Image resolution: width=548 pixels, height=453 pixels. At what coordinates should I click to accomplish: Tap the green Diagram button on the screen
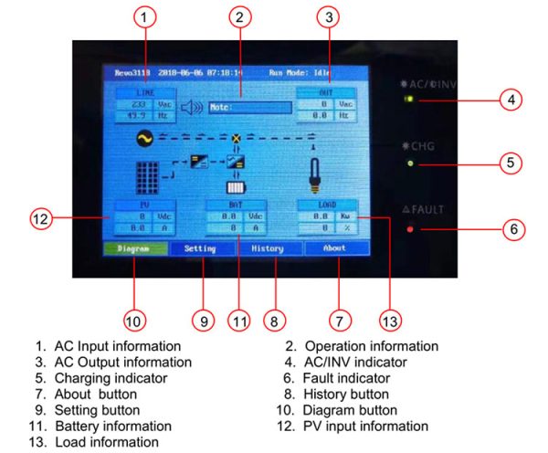(133, 248)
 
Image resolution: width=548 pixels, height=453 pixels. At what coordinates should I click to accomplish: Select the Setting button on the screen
(200, 248)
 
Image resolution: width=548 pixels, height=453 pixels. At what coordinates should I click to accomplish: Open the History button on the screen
(268, 248)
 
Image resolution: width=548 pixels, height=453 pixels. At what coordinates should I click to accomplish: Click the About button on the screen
(336, 248)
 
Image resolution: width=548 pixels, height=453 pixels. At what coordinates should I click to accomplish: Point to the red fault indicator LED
(410, 228)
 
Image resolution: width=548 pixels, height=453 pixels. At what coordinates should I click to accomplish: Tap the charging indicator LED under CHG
(410, 163)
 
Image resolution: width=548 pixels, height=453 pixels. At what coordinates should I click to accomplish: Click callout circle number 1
(147, 16)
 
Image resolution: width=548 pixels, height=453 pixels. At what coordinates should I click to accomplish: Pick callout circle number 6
(513, 228)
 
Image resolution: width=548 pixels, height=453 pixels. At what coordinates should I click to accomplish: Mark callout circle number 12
(38, 218)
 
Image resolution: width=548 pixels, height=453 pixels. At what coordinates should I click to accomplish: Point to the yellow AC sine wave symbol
(143, 140)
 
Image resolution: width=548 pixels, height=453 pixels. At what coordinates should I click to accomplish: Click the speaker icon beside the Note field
(190, 108)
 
